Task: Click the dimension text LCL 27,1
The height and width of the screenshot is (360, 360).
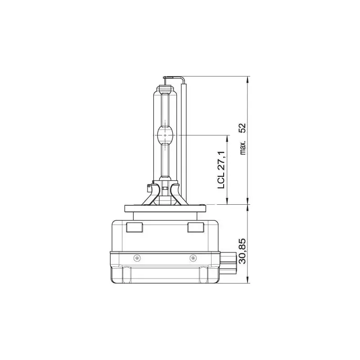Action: tap(221, 170)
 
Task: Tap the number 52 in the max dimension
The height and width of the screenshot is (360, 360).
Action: tap(243, 127)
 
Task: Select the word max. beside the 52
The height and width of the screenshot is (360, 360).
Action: tap(243, 147)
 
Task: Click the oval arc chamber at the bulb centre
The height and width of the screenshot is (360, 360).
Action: tap(165, 135)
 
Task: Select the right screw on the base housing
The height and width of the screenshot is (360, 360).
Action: tap(193, 257)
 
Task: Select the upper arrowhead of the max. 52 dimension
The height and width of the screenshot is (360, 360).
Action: tap(248, 80)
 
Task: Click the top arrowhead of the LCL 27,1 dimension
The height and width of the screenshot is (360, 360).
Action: tap(228, 139)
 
